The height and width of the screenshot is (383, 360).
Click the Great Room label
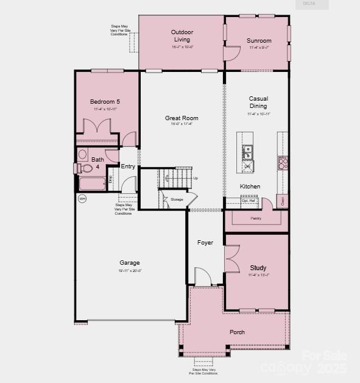click(182, 118)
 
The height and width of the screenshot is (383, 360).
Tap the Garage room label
click(129, 263)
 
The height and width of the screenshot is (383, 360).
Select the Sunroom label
click(259, 41)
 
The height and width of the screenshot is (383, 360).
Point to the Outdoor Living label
click(182, 35)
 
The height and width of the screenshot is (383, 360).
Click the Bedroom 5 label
click(105, 101)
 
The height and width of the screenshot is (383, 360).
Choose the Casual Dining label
click(258, 102)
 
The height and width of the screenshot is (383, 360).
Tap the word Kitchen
click(250, 186)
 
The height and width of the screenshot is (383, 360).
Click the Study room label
click(258, 268)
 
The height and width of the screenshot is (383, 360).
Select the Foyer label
click(205, 243)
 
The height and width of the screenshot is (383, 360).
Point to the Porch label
click(237, 332)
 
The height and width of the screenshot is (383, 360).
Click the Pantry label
click(256, 218)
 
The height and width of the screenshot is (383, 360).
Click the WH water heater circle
click(82, 198)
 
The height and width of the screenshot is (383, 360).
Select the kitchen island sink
click(248, 151)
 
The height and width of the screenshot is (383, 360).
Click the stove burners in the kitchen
click(283, 162)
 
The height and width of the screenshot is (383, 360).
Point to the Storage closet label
click(177, 199)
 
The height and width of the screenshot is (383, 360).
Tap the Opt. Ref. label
click(249, 200)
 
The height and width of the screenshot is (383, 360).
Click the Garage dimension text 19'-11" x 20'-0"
click(129, 271)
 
